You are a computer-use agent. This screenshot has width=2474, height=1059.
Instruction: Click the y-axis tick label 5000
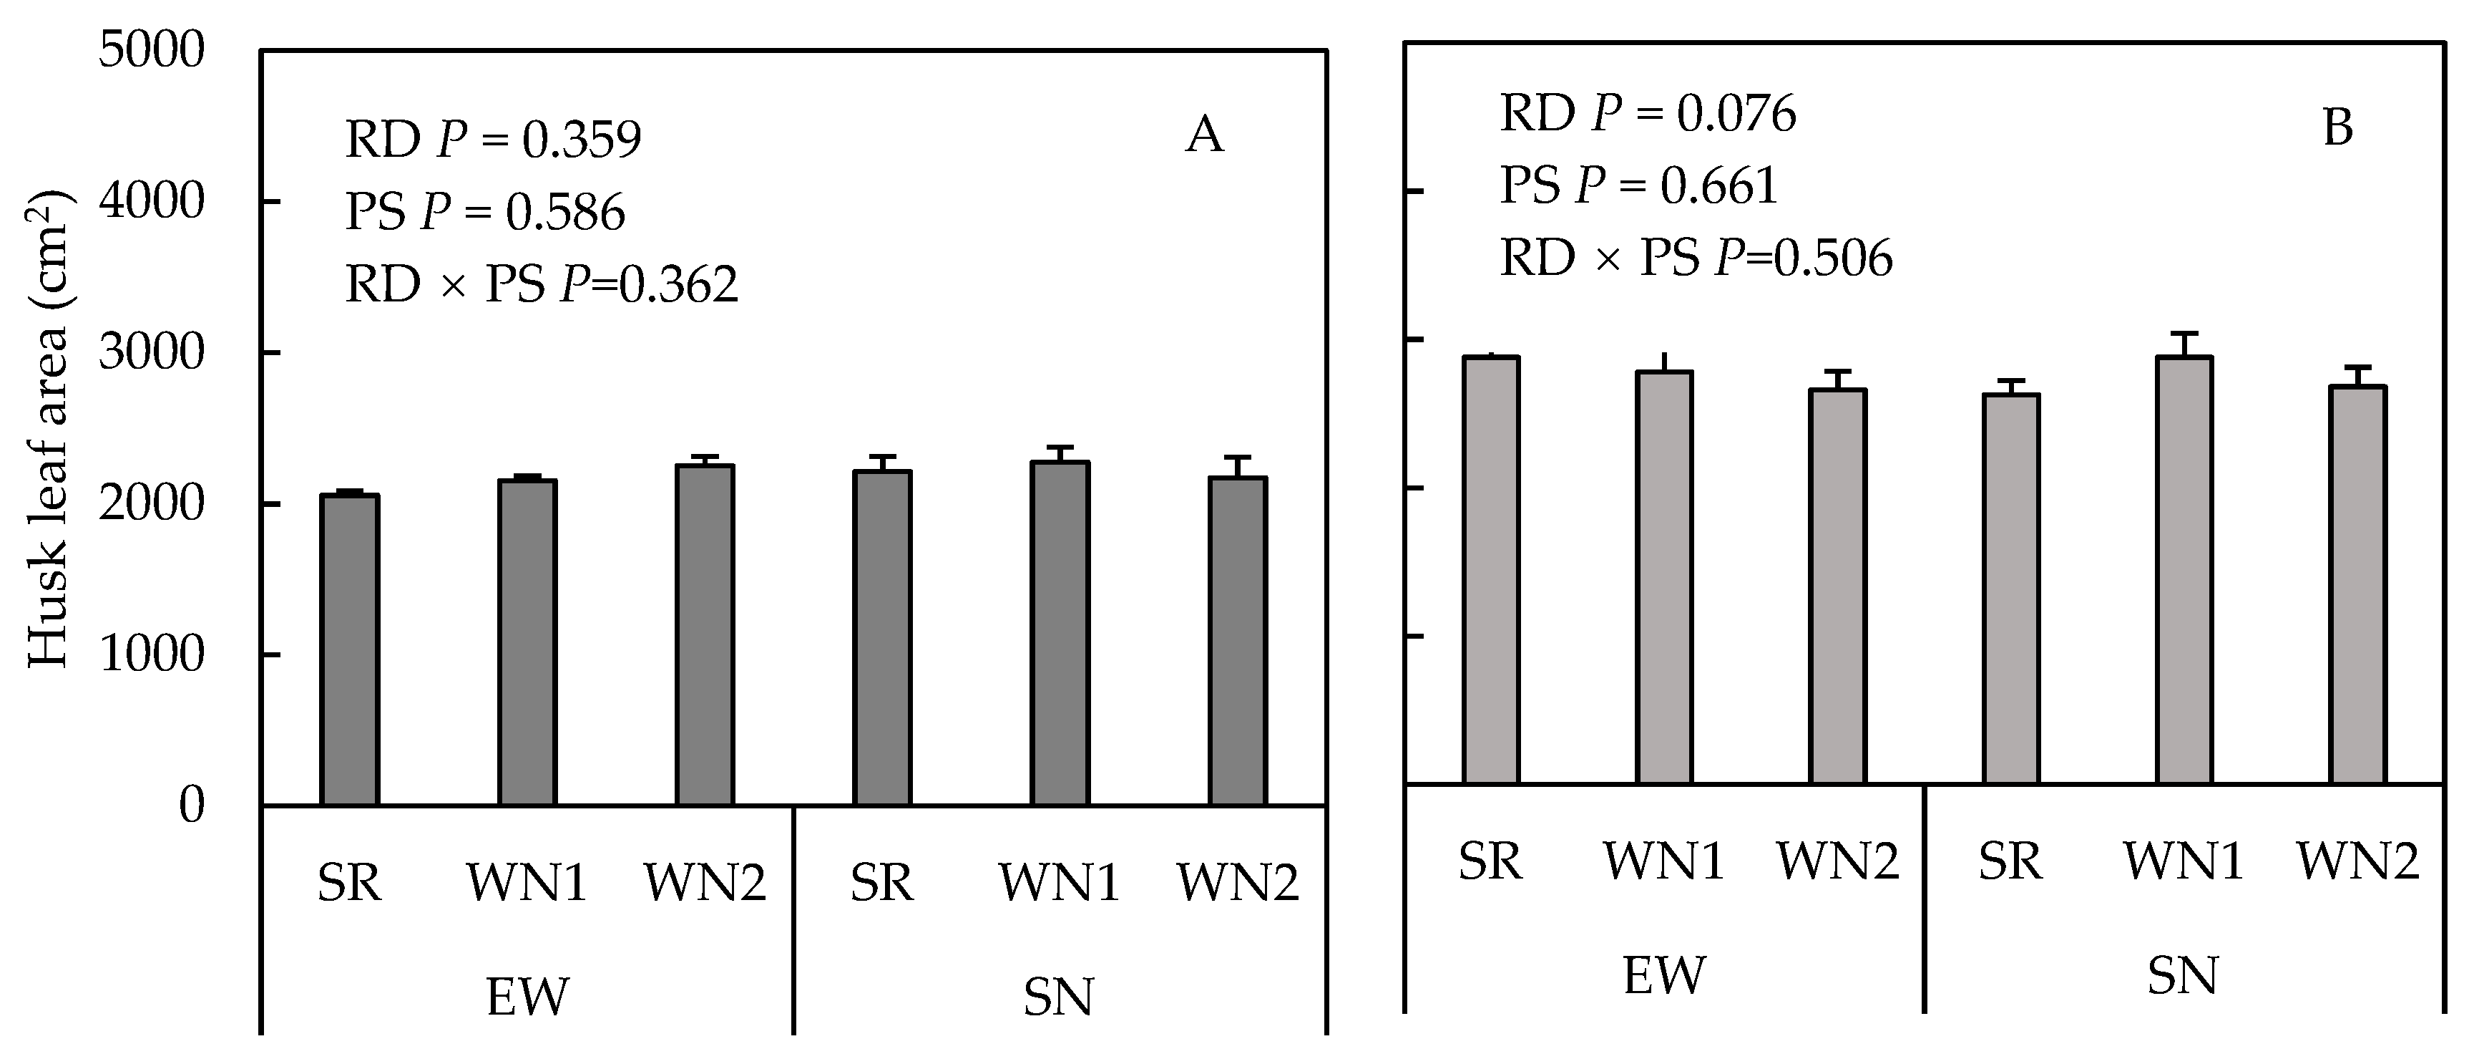152,50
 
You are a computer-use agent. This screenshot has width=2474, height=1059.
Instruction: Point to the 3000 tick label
152,353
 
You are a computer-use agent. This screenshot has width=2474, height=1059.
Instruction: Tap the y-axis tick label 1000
152,654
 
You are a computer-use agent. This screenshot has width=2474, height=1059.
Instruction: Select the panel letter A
1204,135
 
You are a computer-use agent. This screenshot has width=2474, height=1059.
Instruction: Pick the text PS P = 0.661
1638,185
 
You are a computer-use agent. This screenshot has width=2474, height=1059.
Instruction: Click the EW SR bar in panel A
350,649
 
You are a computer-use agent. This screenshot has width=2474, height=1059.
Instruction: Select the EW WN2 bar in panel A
705,634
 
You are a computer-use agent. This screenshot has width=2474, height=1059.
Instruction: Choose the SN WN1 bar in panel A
1060,632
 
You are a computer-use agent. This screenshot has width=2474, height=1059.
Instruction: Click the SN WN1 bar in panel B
2184,569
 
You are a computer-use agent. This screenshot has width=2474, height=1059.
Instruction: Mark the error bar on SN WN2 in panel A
1238,467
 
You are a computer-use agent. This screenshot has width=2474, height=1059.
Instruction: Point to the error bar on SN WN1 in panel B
2184,344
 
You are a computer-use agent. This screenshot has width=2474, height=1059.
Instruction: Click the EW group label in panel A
527,997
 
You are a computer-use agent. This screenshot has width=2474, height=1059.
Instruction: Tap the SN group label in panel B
2183,975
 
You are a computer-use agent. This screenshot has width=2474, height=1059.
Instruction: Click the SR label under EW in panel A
350,882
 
